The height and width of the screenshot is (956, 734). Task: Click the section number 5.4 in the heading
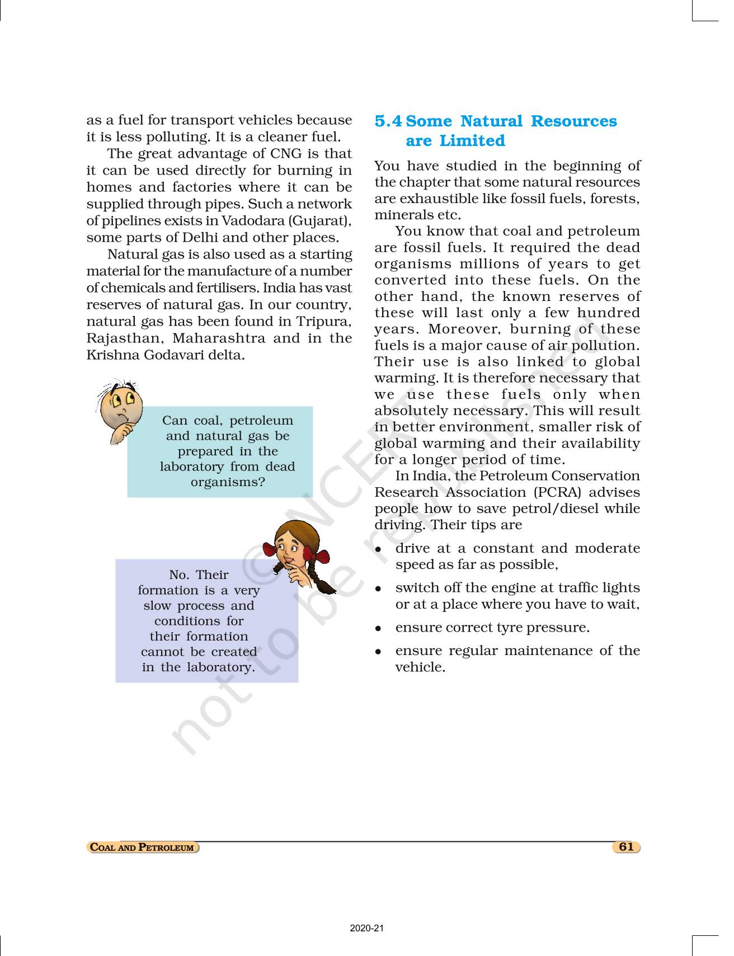(388, 121)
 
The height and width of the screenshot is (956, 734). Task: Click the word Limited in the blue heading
(472, 141)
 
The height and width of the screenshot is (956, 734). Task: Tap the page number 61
(626, 846)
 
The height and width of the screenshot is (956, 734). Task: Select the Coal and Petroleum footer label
(143, 847)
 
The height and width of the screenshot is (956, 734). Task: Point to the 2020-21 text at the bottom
(367, 929)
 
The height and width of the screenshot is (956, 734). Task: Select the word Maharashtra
(219, 338)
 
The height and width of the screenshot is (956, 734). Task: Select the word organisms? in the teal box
(228, 482)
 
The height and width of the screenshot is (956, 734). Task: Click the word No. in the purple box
(178, 575)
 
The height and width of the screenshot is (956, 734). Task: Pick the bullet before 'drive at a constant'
(379, 549)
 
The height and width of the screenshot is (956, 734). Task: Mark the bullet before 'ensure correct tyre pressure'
(379, 628)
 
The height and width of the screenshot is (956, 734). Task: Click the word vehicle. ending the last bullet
(420, 667)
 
